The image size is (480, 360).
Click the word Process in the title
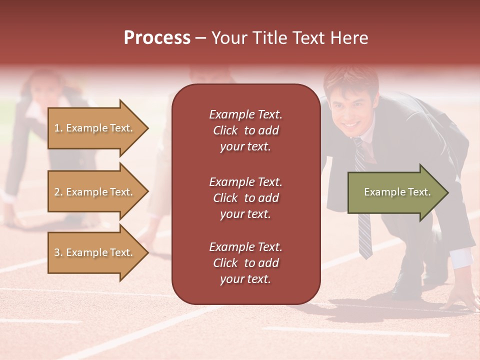click(x=157, y=38)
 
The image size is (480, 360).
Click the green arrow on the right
click(x=395, y=192)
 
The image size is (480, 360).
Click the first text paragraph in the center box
click(x=245, y=130)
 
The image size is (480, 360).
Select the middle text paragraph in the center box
click(x=245, y=198)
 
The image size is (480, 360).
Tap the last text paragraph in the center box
click(x=245, y=263)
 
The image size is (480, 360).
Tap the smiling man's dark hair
click(x=350, y=80)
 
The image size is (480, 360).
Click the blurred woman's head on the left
click(x=42, y=85)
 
